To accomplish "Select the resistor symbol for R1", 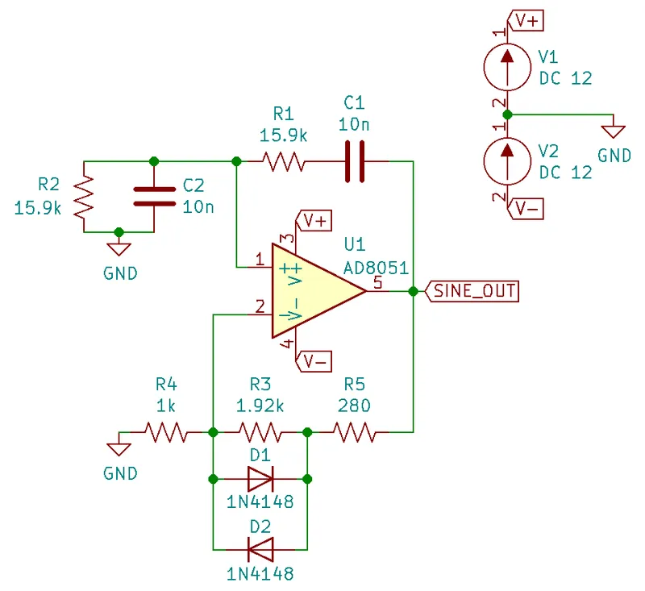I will tap(281, 162).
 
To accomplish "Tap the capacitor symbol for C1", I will tap(355, 162).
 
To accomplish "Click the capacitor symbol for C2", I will tap(153, 196).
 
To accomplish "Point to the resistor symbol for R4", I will tap(166, 433).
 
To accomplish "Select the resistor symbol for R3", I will tap(260, 433).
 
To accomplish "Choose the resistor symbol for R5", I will tap(356, 433).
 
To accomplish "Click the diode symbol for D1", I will tap(260, 480).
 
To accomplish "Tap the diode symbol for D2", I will tap(260, 549).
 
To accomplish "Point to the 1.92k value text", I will tap(260, 406).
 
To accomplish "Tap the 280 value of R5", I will tap(356, 406).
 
